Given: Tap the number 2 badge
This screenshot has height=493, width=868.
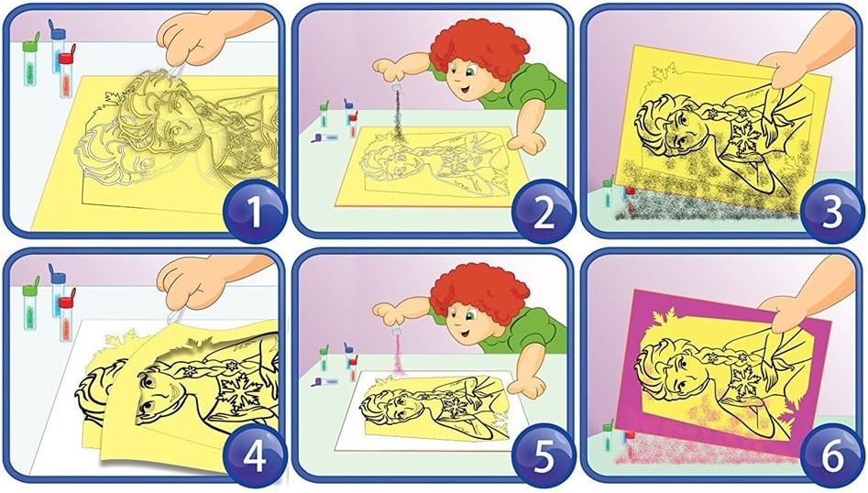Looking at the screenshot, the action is pos(543,212).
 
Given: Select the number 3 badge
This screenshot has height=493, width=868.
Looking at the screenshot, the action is pos(832,213).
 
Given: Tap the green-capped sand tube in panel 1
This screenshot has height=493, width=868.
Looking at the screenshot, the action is pos(31,59).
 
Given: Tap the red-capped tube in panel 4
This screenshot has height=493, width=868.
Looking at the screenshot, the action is pos(66,319).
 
